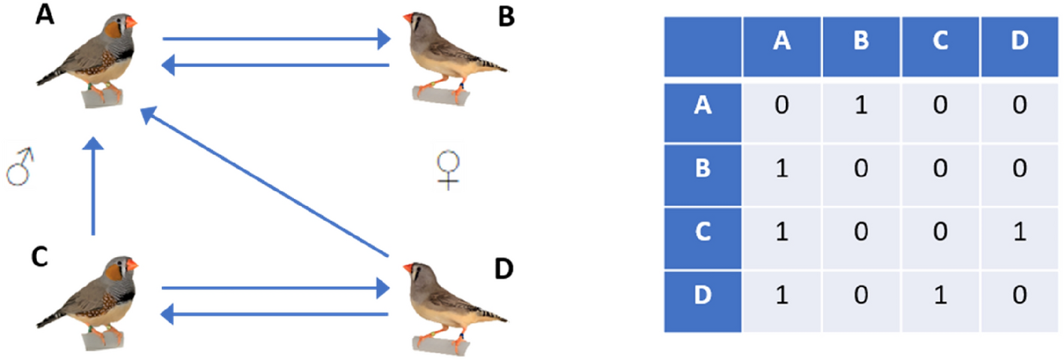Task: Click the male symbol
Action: coord(19,167)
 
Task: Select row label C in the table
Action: coord(703,231)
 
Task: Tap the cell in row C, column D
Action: coord(1019,231)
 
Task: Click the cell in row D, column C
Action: coord(941,295)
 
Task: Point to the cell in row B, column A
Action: coord(781,168)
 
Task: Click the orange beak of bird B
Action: coord(408,18)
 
